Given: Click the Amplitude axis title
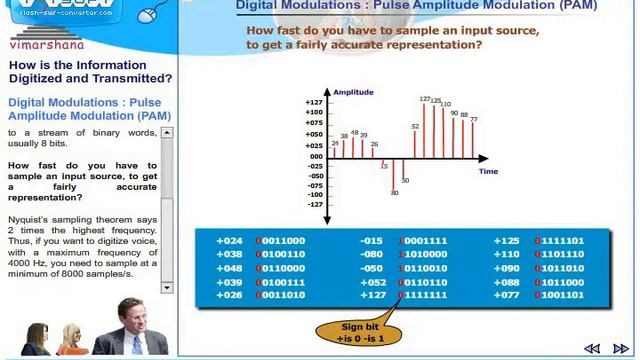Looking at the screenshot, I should (353, 93).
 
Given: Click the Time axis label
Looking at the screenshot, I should (488, 171).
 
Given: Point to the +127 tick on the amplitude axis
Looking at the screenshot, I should (315, 102).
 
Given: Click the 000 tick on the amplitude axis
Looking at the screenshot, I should (316, 156).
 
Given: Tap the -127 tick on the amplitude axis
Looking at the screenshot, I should (315, 205).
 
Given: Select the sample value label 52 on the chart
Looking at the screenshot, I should (415, 127).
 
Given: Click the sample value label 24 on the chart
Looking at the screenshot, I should (335, 143).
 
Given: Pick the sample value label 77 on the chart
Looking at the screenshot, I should (473, 120).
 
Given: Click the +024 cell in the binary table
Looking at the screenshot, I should (231, 241).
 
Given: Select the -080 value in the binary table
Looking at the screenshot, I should (373, 254).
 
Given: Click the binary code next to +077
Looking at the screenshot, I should (561, 295).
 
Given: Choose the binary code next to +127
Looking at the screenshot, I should (423, 295).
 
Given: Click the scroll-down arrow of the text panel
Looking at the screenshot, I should (167, 288).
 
